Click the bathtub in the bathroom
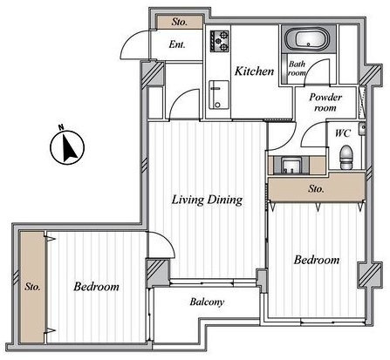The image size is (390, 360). [307, 40]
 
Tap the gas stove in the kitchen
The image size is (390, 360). [220, 41]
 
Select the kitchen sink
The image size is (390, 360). [219, 95]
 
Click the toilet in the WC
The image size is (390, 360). [346, 157]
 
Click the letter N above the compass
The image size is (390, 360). [61, 127]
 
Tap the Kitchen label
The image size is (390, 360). [254, 71]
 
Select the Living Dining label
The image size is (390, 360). [207, 200]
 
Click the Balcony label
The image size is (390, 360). [207, 302]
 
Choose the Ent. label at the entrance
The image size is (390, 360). [177, 44]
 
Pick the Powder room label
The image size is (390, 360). [325, 102]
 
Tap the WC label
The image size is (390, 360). [343, 133]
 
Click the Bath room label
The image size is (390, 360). [297, 68]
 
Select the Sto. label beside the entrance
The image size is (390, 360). [179, 22]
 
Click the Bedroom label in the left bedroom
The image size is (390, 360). [96, 287]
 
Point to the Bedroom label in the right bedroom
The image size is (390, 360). [317, 260]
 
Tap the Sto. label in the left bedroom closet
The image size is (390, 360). [32, 287]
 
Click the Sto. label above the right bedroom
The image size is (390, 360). [316, 189]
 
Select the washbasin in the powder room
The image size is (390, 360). [289, 166]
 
